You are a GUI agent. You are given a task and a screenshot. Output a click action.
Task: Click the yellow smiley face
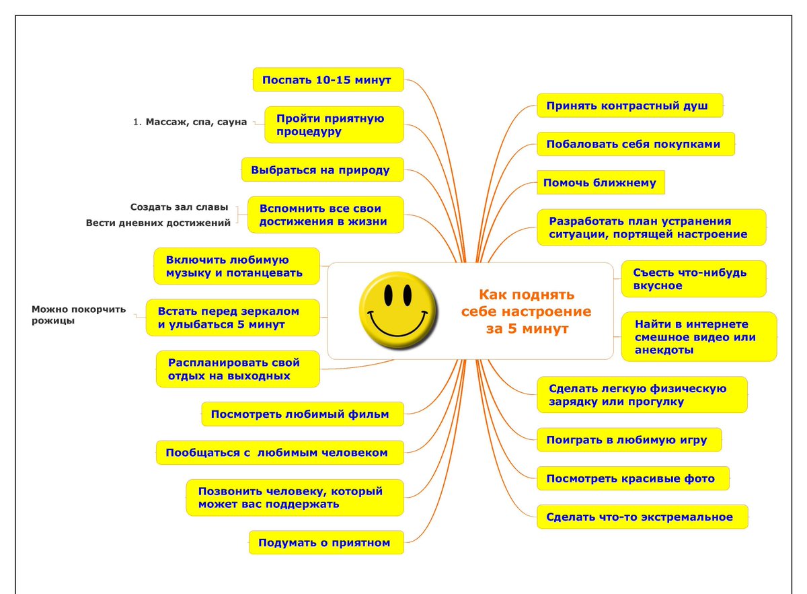coord(397,310)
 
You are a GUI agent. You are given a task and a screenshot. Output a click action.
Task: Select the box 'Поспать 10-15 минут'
coord(328,80)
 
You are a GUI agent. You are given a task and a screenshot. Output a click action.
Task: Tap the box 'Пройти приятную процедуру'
coord(334,125)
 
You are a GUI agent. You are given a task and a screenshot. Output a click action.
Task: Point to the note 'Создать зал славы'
coord(179,207)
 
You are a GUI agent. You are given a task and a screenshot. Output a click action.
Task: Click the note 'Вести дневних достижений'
coord(158,223)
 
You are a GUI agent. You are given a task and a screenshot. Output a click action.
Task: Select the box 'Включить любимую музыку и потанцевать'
coord(236,266)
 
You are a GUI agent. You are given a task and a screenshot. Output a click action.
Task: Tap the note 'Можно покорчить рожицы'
coord(79,315)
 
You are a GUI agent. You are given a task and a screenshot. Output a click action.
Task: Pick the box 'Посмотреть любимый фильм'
coord(303,414)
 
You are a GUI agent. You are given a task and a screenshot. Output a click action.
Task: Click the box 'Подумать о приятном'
coord(326,542)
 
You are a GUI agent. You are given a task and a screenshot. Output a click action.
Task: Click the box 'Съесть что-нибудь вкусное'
coord(693,279)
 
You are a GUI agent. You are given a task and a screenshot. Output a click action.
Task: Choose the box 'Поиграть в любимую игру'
coord(629,440)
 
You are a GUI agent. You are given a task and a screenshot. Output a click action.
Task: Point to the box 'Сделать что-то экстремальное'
coord(642,517)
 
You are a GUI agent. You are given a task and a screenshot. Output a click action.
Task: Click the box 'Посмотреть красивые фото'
coord(633,478)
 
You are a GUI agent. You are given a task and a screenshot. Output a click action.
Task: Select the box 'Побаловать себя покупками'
coord(635,144)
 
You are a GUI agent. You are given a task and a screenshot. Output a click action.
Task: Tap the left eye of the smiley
coord(388,293)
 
